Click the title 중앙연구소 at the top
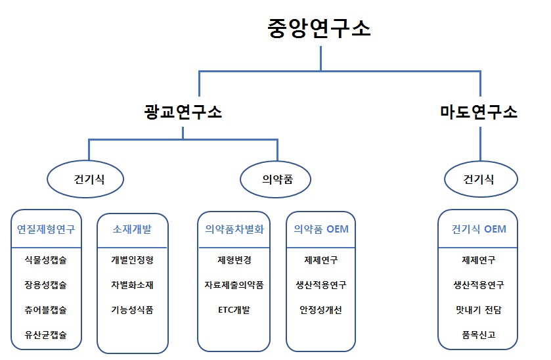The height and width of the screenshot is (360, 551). point(319,29)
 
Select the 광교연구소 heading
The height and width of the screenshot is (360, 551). point(183,112)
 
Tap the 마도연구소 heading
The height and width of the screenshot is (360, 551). point(478,112)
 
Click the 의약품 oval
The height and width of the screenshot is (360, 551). point(276,179)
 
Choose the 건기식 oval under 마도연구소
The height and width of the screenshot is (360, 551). point(478,179)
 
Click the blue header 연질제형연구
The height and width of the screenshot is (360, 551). point(46,230)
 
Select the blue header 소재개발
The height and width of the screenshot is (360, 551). point(132,230)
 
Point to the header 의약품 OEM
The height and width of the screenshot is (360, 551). point(320,230)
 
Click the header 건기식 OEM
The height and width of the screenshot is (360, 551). point(478,230)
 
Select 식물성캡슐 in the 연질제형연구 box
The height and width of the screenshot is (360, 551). point(46,260)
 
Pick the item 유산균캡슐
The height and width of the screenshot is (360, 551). point(46,335)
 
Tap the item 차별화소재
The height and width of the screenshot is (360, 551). point(132,285)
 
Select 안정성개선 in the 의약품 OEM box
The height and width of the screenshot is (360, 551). point(320,310)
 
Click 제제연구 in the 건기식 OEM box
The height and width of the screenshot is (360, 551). point(478,260)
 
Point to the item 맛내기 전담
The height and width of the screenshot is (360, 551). point(478,310)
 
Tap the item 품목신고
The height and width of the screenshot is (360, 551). point(478,335)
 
